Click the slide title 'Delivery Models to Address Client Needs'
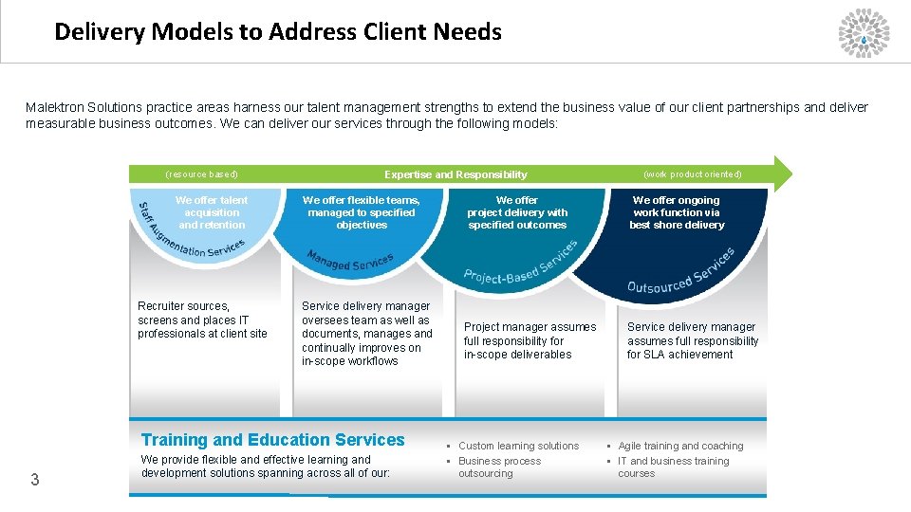pyautogui.click(x=278, y=32)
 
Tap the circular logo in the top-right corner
pyautogui.click(x=864, y=33)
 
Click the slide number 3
pyautogui.click(x=35, y=480)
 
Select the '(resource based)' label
pyautogui.click(x=201, y=174)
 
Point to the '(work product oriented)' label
pyautogui.click(x=693, y=174)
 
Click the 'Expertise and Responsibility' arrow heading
pyautogui.click(x=455, y=174)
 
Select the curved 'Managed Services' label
pyautogui.click(x=350, y=261)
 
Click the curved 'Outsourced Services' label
pyautogui.click(x=680, y=274)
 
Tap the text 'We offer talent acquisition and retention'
pyautogui.click(x=212, y=212)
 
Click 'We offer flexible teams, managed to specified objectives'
pyautogui.click(x=362, y=212)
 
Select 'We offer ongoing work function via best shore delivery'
pyautogui.click(x=677, y=212)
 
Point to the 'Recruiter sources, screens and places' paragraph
pyautogui.click(x=202, y=320)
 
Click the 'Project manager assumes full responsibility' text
pyautogui.click(x=530, y=340)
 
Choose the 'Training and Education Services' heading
pyautogui.click(x=273, y=440)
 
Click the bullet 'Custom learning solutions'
pyautogui.click(x=518, y=446)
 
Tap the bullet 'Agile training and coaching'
pyautogui.click(x=680, y=446)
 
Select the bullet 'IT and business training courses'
pyautogui.click(x=673, y=466)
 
